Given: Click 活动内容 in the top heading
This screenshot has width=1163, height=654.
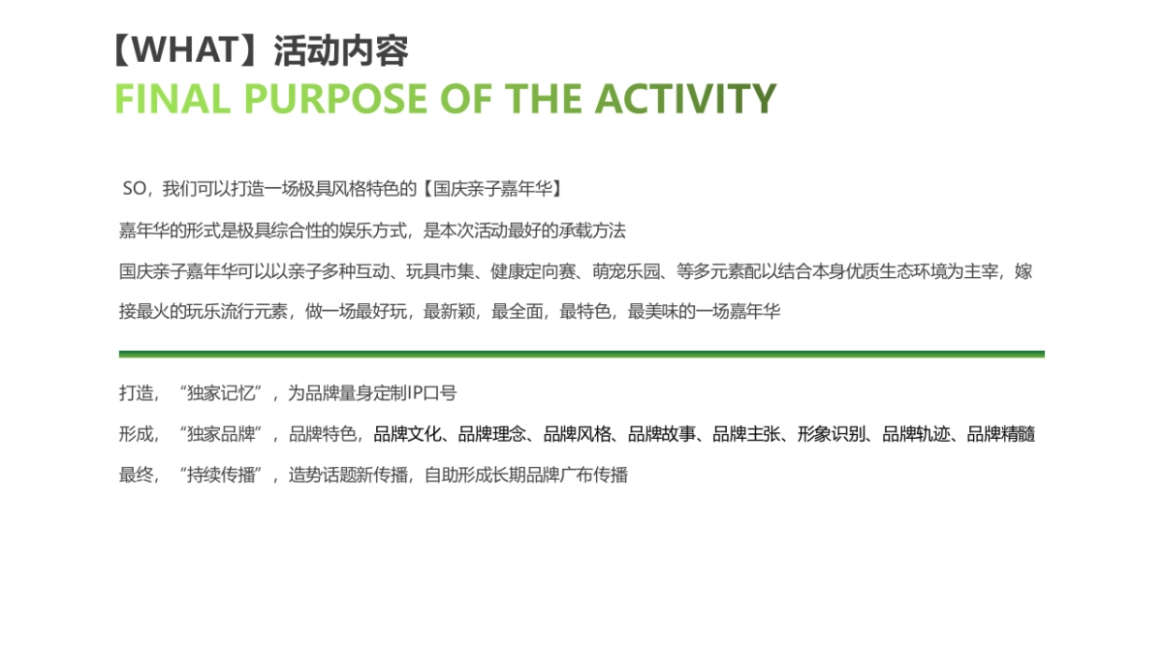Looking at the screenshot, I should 340,50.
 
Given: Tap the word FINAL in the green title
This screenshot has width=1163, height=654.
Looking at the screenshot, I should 173,99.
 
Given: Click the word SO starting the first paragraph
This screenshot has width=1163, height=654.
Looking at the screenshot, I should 134,188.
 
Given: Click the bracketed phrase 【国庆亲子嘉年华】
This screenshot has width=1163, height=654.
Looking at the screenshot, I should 493,188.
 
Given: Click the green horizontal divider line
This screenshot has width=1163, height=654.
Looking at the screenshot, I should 581,355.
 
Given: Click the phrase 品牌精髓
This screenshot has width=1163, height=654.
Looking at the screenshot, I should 1001,434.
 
